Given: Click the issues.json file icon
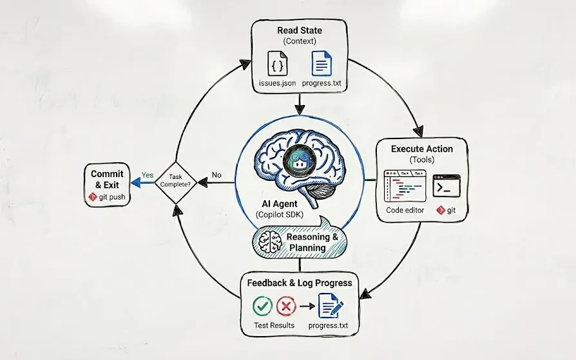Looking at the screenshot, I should pyautogui.click(x=278, y=66).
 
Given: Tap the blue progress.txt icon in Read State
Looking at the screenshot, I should pyautogui.click(x=322, y=66).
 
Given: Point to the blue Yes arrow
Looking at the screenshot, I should pyautogui.click(x=140, y=182).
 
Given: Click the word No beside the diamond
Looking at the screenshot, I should pyautogui.click(x=216, y=175).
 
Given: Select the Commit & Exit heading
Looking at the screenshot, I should pyautogui.click(x=107, y=179).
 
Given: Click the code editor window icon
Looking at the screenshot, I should pyautogui.click(x=404, y=187).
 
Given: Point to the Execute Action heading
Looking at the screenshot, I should pyautogui.click(x=422, y=149).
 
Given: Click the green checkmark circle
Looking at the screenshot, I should pyautogui.click(x=262, y=305).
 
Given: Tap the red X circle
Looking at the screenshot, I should pyautogui.click(x=287, y=305).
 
